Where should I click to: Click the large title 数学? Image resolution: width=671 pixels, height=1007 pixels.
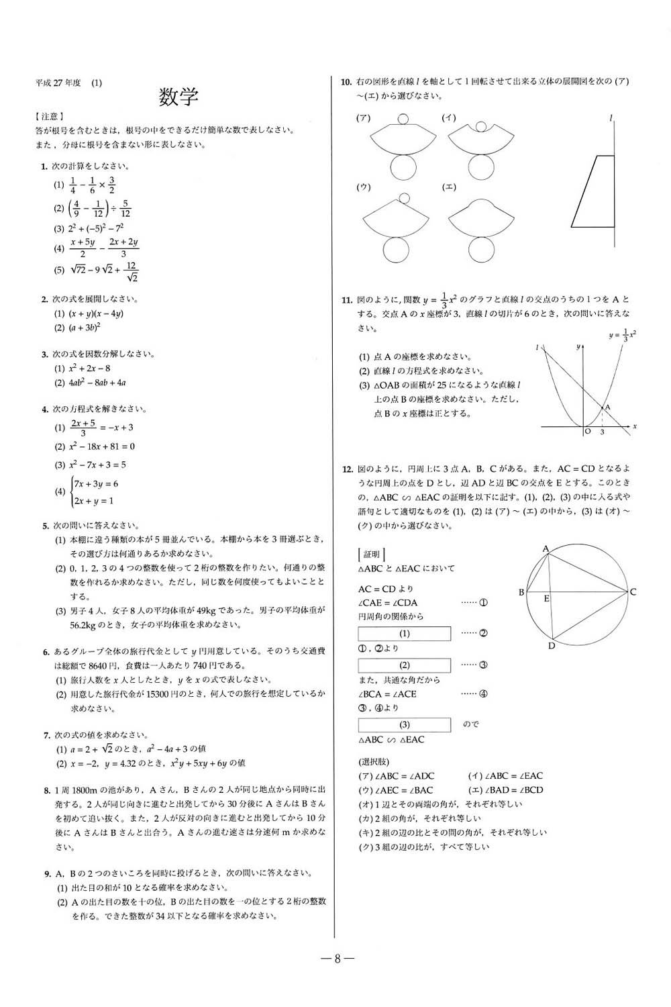[x=178, y=97]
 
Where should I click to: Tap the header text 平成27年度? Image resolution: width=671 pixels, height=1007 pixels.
[x=58, y=83]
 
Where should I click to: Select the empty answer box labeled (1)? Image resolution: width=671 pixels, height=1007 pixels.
[x=404, y=633]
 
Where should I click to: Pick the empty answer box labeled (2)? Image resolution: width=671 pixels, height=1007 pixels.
[x=404, y=665]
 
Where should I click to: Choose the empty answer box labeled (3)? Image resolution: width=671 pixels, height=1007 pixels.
[x=404, y=725]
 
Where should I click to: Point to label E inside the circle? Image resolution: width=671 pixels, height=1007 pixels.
[x=546, y=597]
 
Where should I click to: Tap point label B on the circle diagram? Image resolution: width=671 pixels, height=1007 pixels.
[x=521, y=592]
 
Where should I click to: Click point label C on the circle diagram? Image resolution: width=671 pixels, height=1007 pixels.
[x=633, y=591]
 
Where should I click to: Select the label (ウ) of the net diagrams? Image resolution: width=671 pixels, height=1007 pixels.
[x=364, y=187]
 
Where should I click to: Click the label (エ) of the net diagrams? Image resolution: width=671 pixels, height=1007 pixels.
[x=449, y=187]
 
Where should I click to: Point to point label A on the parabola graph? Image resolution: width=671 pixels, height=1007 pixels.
[x=607, y=407]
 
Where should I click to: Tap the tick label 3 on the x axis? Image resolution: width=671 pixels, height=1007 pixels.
[x=602, y=432]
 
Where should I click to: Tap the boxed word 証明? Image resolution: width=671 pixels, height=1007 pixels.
[x=371, y=555]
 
